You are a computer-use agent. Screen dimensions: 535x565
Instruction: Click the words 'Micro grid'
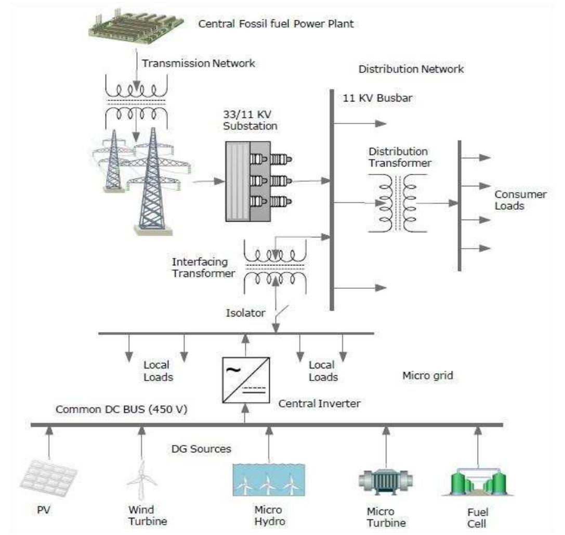(428, 374)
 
